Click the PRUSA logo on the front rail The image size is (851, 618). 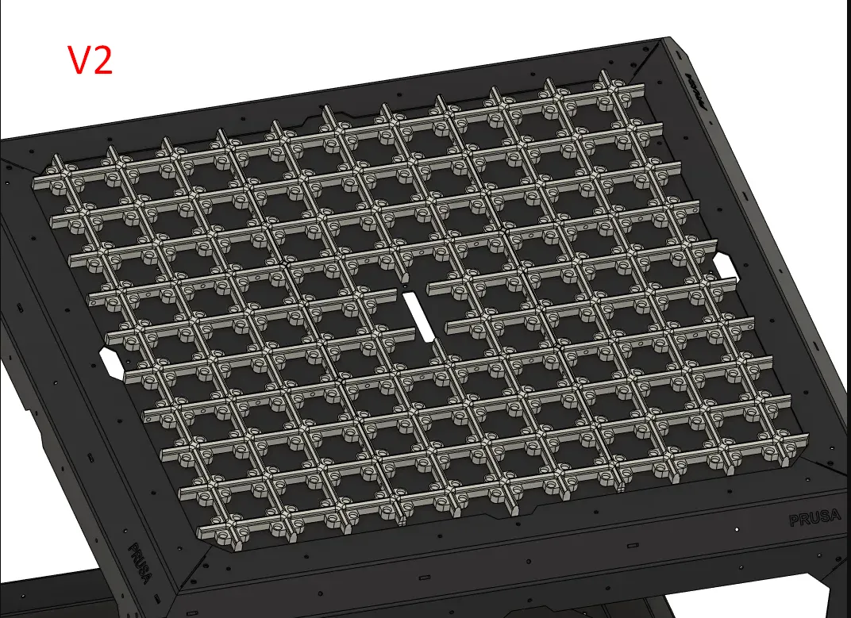[x=815, y=520]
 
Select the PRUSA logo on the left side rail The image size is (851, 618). [x=145, y=562]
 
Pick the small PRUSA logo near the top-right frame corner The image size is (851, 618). [x=696, y=86]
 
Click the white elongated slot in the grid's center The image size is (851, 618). [x=418, y=317]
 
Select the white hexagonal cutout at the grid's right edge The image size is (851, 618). [x=726, y=265]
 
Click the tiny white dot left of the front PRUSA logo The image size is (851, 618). [x=737, y=528]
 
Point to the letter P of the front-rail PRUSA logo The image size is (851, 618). [x=795, y=520]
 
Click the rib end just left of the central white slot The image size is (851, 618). [x=395, y=292]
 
